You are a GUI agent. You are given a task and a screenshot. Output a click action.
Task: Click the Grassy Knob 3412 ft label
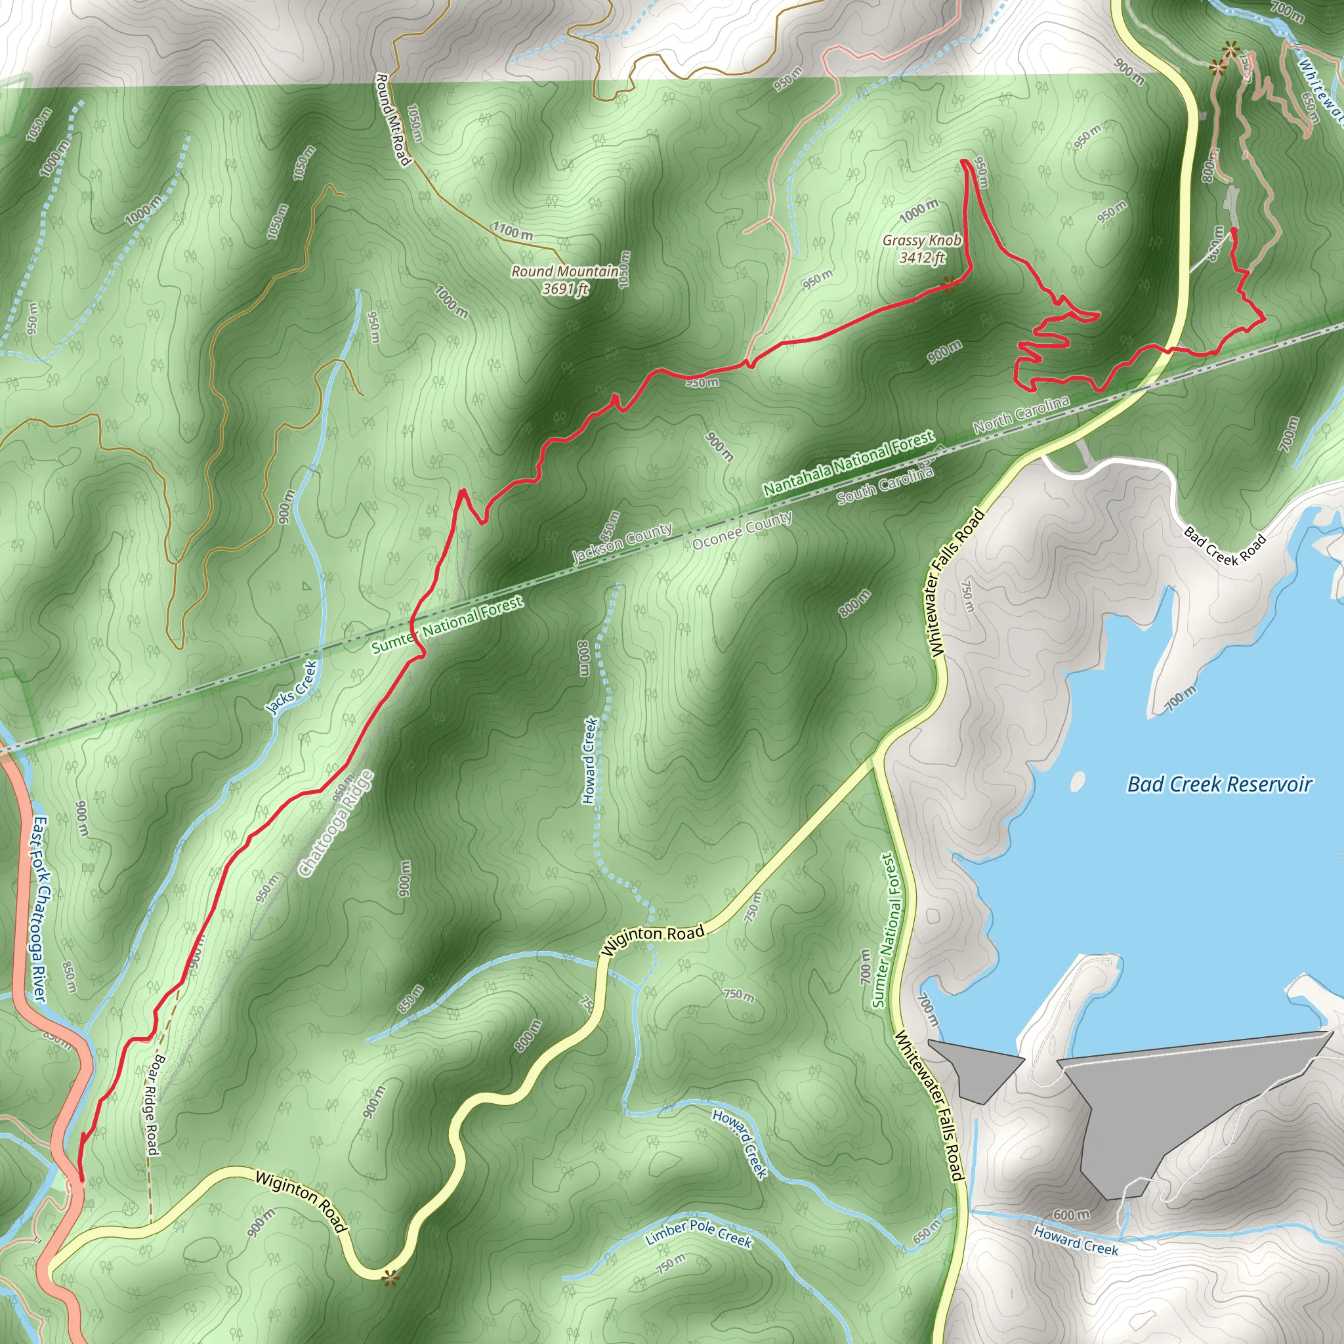click(922, 249)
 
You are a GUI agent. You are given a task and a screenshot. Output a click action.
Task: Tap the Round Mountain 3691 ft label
click(565, 280)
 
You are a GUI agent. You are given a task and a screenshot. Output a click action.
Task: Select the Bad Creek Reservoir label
click(1219, 785)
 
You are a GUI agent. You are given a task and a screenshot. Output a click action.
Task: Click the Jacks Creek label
click(293, 687)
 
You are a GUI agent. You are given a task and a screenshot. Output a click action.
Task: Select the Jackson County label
click(622, 543)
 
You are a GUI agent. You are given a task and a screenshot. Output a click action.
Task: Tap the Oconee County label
click(742, 530)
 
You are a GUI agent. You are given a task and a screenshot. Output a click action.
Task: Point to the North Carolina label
click(1020, 415)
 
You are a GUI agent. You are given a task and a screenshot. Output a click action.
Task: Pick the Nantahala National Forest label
click(849, 463)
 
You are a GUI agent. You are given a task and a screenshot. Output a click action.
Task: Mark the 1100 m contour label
click(513, 231)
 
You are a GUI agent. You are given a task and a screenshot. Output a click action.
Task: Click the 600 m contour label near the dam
click(1070, 1215)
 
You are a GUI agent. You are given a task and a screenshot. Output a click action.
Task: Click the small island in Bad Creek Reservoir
click(1078, 781)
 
